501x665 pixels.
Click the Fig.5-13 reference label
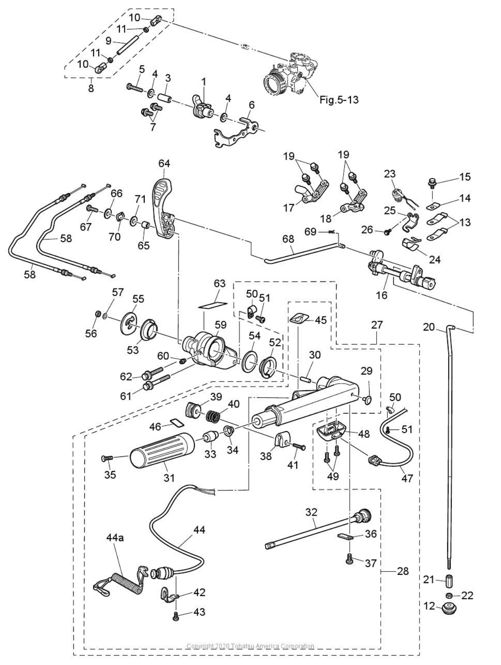(339, 100)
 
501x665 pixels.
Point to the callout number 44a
(115, 538)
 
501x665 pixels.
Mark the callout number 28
(402, 571)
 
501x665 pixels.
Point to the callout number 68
(288, 239)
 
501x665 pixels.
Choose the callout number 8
(91, 88)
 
